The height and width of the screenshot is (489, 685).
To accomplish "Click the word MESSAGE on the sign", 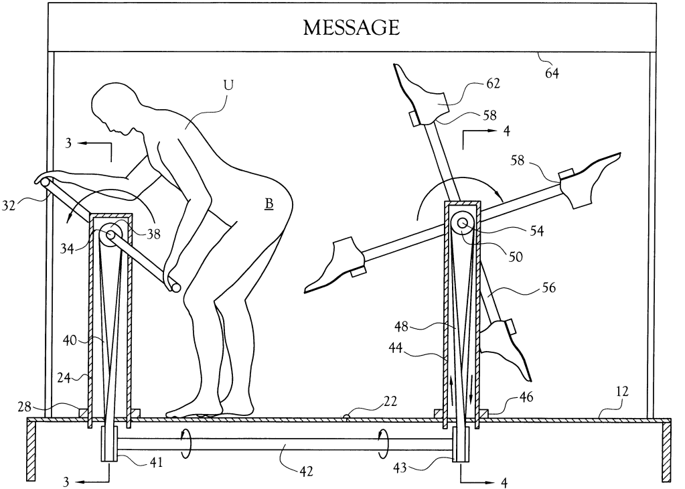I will coord(351,27).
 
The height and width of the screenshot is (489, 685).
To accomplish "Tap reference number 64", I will coord(552,73).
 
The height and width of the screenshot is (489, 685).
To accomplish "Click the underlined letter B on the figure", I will coord(269,202).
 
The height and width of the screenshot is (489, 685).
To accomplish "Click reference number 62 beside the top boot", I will coord(493,86).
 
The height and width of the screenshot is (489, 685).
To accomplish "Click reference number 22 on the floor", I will coord(390,402).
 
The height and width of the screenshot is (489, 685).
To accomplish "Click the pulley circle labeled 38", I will coord(111,234).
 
